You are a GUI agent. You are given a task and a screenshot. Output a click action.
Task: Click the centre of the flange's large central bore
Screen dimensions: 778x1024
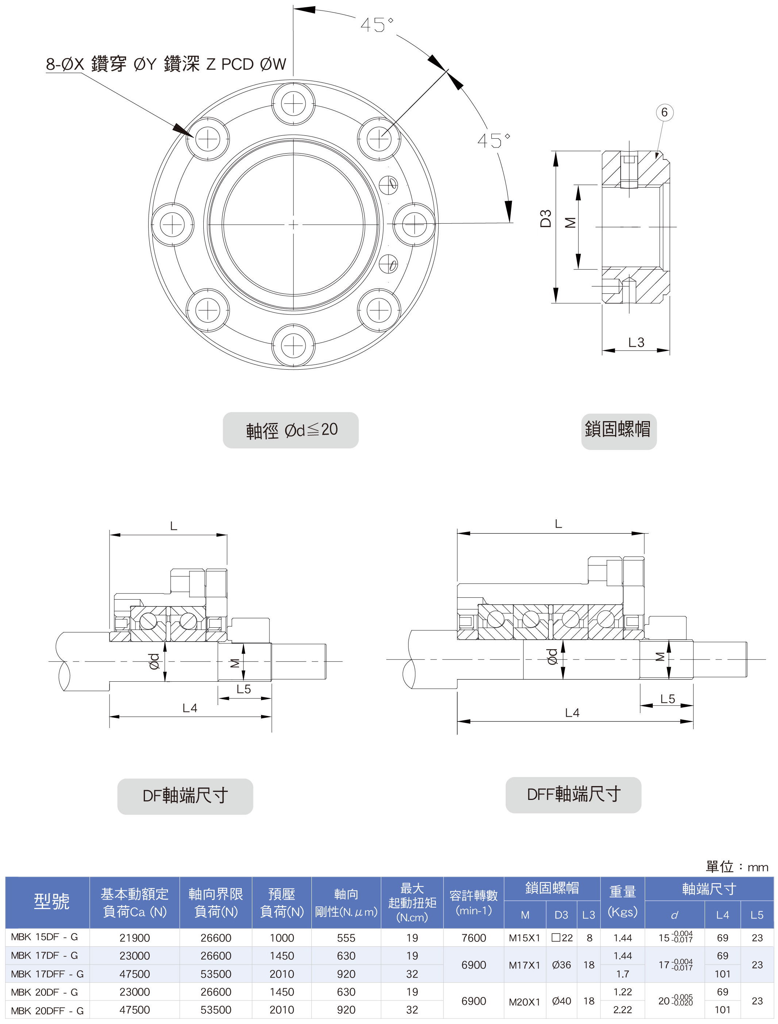(293, 224)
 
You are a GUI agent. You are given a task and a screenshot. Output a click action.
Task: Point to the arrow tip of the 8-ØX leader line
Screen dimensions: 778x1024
(193, 138)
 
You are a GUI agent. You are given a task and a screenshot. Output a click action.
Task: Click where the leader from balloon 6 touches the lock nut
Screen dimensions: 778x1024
(657, 159)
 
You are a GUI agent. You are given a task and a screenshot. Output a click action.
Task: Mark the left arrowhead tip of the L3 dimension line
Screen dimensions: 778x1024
(602, 350)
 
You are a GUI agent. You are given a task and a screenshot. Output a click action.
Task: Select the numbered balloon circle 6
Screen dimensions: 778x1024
(664, 112)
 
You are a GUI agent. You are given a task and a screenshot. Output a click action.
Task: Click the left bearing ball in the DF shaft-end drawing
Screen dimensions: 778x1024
(149, 621)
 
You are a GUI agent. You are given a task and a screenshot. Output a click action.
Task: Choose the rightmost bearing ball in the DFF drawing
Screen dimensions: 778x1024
(605, 619)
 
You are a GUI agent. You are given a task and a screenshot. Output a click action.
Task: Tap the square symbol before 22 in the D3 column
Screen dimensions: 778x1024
(556, 938)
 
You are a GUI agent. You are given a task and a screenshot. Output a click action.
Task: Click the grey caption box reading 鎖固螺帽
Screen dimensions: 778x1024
(619, 431)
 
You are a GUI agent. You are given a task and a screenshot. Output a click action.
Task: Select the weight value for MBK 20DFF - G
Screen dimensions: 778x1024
(622, 1010)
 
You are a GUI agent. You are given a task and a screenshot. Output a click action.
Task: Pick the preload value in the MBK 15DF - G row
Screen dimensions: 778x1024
(281, 938)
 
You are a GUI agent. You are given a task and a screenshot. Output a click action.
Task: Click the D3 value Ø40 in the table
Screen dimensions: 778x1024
(561, 1001)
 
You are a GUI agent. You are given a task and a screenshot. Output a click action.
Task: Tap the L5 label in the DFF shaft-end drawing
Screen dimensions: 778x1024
(667, 698)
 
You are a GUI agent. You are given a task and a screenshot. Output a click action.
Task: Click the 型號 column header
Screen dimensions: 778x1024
(51, 901)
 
